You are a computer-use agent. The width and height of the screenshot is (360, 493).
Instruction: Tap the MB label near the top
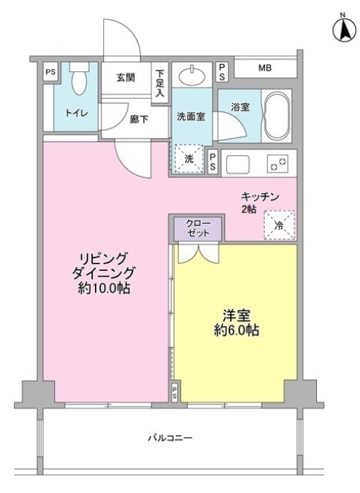[264, 69]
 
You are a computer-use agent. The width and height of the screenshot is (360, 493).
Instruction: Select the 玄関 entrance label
[125, 76]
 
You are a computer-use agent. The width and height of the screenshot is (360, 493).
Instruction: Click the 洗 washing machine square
[189, 157]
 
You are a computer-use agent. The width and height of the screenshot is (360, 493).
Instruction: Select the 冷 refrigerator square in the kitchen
[280, 225]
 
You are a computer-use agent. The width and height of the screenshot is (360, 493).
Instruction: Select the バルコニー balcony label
[169, 438]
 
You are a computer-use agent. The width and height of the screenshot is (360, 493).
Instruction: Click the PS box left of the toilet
[50, 72]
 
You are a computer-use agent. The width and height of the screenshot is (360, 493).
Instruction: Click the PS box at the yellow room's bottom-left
[174, 391]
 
